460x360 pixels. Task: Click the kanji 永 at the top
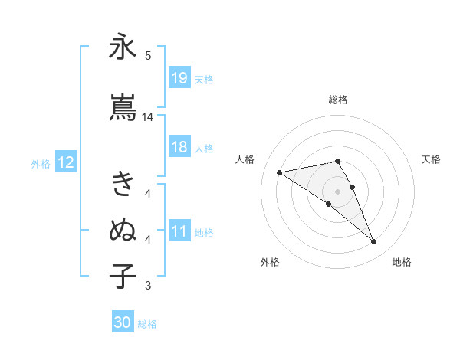tap(123, 47)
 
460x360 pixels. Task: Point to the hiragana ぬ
tap(123, 229)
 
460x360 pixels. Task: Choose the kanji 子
tap(123, 275)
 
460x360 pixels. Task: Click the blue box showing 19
tap(179, 78)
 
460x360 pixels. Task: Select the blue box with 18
tap(179, 148)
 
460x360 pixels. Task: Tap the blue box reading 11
tap(179, 232)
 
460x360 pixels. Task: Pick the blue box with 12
tap(65, 162)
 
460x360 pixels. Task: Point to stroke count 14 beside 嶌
tap(148, 117)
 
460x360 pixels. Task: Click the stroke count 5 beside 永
tap(148, 55)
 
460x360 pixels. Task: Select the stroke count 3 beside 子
tap(148, 286)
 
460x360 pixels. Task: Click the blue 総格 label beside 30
tap(147, 324)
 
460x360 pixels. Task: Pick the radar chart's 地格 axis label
tap(402, 263)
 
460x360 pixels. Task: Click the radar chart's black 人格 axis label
tap(245, 159)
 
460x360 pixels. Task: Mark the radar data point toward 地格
tap(374, 242)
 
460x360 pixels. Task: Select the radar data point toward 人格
tap(280, 172)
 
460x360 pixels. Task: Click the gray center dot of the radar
tap(337, 191)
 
